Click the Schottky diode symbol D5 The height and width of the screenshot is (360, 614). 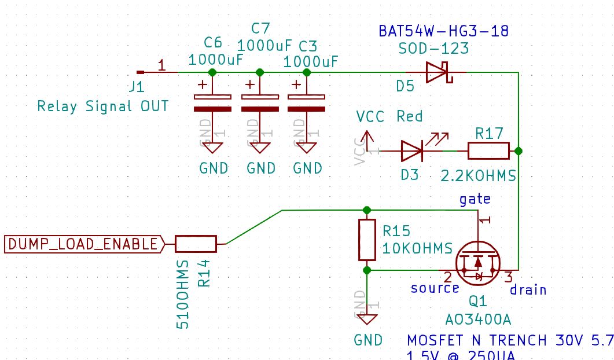[x=436, y=72]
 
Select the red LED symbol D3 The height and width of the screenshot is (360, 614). [x=412, y=151]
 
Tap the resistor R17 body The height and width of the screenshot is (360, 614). [x=488, y=151]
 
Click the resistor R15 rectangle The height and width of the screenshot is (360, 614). [x=367, y=240]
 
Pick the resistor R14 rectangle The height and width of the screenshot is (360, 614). [x=196, y=244]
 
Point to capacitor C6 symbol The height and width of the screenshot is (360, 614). [x=212, y=102]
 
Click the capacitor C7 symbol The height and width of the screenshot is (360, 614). [x=260, y=102]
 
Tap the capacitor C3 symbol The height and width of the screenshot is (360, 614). [x=307, y=102]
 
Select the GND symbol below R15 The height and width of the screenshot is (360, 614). [x=367, y=318]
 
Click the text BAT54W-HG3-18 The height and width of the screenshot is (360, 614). [x=444, y=31]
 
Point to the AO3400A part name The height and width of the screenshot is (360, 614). [x=478, y=319]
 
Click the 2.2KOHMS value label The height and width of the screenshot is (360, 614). [x=478, y=175]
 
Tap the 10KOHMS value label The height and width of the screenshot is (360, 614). [x=417, y=248]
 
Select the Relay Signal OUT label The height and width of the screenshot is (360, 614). [x=103, y=106]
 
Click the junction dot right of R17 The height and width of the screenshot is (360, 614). [x=519, y=151]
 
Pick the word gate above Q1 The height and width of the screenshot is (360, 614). [x=475, y=199]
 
